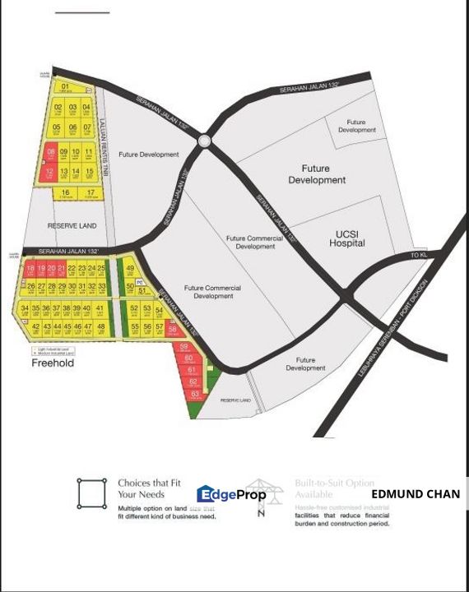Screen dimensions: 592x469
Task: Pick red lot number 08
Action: pos(51,154)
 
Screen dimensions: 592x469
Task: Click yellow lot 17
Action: pos(91,194)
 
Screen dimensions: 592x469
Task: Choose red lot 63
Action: pos(194,395)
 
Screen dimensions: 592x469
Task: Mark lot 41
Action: pos(100,309)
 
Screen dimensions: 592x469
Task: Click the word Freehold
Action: pos(53,363)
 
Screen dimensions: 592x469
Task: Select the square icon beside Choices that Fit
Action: pos(91,494)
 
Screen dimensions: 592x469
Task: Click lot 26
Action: pos(30,286)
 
